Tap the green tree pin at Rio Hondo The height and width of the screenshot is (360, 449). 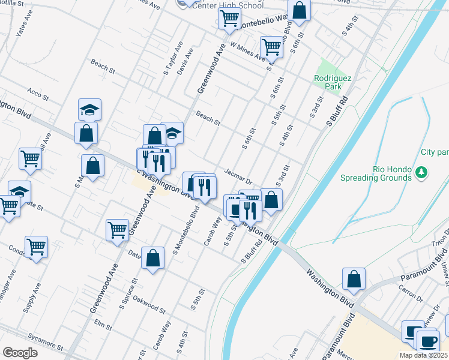pos(421,174)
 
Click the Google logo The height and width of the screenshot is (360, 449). pos(20,353)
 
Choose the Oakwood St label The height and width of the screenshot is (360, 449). pos(149,304)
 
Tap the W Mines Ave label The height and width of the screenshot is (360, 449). pos(247,52)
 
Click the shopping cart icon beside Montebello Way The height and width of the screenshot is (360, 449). pos(229,19)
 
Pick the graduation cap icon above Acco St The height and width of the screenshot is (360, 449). pos(89,110)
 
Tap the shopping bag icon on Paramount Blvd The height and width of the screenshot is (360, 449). pos(354,278)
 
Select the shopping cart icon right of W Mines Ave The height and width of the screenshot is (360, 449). pos(271,46)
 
